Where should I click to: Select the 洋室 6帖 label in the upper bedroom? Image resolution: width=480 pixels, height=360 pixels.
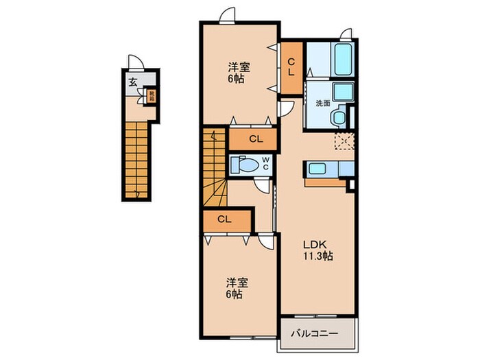coord(239,73)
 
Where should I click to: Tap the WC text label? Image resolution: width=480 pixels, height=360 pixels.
coord(265,165)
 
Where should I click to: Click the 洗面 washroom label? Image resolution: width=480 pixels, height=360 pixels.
coord(323,103)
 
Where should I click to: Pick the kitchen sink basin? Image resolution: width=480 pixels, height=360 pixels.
coord(317,169)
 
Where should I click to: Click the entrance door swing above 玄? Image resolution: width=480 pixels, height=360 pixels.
coord(137,64)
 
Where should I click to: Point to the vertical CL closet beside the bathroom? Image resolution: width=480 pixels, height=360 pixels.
coord(291,67)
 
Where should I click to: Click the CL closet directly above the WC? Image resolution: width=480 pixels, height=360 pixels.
coord(254,139)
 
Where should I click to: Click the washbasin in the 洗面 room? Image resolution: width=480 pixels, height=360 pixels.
coord(341,91)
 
